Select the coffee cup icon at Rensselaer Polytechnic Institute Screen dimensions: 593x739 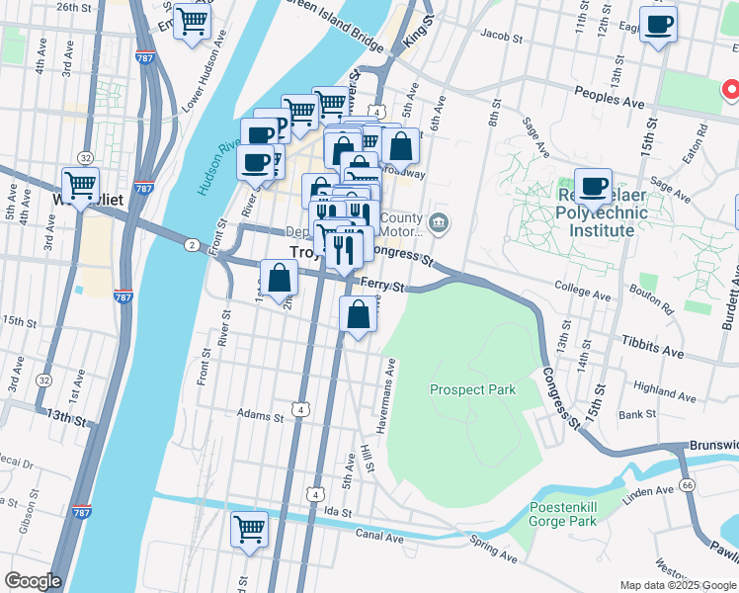[594, 186]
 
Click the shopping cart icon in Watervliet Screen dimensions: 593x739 [80, 184]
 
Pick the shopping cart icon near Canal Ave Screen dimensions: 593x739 [250, 528]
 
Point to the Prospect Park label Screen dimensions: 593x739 [472, 389]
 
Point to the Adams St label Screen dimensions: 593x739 [261, 417]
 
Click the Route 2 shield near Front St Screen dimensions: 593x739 [190, 242]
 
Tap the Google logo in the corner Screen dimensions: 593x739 [33, 581]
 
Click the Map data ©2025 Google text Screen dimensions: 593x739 [677, 585]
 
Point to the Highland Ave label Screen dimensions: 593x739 [666, 387]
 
